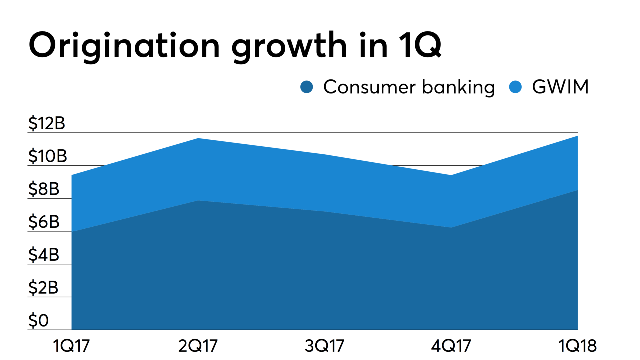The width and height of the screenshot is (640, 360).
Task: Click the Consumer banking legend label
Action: (x=409, y=87)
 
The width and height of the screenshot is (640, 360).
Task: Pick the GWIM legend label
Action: (x=560, y=87)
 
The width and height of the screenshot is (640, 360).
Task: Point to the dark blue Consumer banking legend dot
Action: (x=307, y=88)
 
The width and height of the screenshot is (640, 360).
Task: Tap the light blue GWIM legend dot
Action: (x=515, y=88)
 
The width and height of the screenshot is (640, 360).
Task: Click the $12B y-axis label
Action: (x=47, y=123)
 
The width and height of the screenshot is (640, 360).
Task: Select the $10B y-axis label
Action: (x=47, y=156)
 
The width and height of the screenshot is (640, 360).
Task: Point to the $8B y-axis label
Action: (x=44, y=189)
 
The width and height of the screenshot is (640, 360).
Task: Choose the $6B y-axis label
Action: (x=44, y=222)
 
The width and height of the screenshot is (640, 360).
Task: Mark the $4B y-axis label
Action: (x=44, y=255)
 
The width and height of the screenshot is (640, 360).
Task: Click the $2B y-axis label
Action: (x=44, y=288)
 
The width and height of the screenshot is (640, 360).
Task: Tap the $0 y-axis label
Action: (x=39, y=321)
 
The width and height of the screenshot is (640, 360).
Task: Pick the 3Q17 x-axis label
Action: (x=325, y=345)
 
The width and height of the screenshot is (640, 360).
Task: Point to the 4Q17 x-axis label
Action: (x=451, y=345)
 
